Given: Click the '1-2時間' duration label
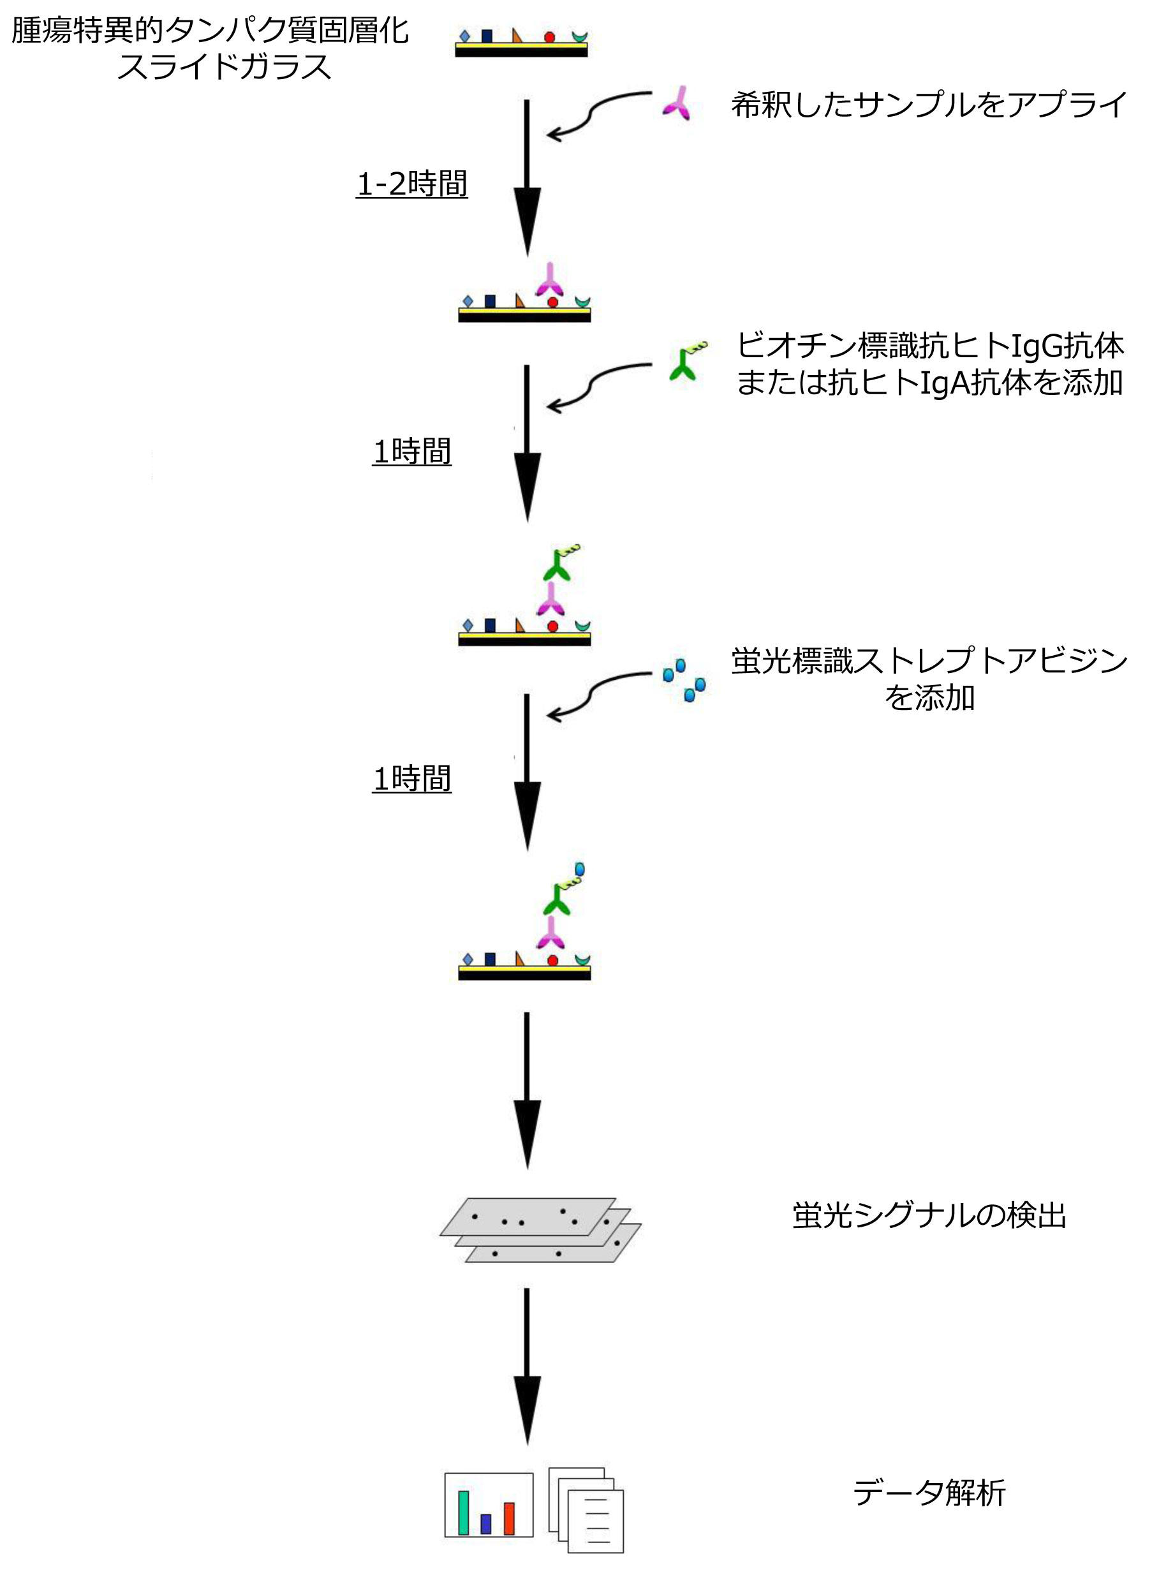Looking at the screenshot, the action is pyautogui.click(x=411, y=184).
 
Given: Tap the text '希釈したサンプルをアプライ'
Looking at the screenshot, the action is pyautogui.click(x=929, y=105).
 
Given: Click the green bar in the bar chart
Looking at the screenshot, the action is pyautogui.click(x=463, y=1512).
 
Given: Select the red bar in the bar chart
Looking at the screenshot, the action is pyautogui.click(x=509, y=1518).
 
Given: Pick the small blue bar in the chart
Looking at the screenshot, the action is pyautogui.click(x=486, y=1524).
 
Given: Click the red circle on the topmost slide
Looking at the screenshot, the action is pyautogui.click(x=549, y=37).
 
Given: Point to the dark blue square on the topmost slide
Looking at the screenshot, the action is pyautogui.click(x=487, y=36).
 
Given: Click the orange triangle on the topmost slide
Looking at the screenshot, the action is pyautogui.click(x=517, y=36).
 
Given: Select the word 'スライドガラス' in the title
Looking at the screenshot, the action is pyautogui.click(x=225, y=67).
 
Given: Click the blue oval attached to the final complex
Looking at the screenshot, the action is pyautogui.click(x=579, y=869).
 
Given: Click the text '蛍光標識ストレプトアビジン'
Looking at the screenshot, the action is pyautogui.click(x=929, y=660).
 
